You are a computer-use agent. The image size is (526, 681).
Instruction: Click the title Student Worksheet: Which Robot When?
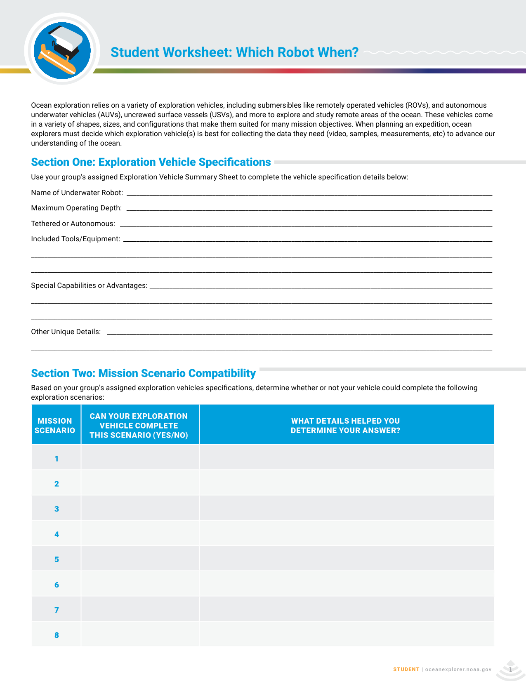234,52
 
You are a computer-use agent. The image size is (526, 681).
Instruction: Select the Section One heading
151,162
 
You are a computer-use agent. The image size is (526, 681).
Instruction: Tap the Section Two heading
144,373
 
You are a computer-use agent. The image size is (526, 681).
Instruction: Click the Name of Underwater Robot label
77,193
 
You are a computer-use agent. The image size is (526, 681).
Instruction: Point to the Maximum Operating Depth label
77,208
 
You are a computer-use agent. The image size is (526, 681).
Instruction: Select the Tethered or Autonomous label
73,224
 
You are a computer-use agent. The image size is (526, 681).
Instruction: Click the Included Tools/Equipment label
76,239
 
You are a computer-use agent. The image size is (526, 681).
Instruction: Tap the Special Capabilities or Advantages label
89,285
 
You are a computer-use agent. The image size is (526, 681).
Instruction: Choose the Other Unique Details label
66,332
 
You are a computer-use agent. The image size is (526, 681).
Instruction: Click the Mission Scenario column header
55,425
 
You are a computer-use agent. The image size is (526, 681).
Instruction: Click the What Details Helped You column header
345,425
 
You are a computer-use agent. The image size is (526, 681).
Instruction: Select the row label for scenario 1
57,459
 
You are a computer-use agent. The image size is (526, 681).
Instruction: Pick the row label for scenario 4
57,534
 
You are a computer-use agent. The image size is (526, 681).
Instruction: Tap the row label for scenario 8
57,635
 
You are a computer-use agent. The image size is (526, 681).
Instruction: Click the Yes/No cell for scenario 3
140,509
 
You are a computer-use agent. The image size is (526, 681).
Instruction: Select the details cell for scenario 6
347,584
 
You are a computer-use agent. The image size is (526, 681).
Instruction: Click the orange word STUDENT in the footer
406,669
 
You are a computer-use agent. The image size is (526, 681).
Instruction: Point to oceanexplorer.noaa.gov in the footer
458,669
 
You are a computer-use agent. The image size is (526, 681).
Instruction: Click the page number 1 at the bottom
510,669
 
